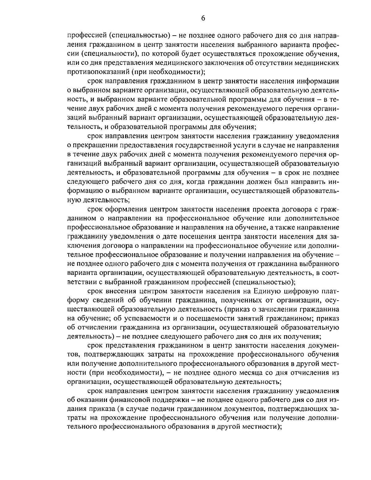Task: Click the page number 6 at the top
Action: pos(203,18)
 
